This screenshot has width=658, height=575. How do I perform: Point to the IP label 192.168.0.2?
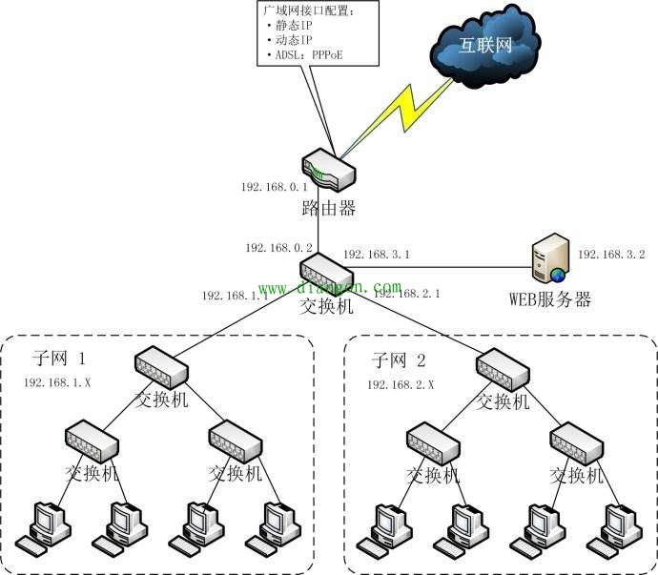point(275,247)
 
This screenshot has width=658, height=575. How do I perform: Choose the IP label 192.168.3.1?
point(377,255)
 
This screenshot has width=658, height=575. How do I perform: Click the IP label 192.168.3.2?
point(611,255)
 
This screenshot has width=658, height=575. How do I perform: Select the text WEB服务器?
point(550,299)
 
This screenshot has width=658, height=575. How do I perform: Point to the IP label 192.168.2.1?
point(406,295)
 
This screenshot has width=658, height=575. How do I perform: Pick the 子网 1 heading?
point(59,359)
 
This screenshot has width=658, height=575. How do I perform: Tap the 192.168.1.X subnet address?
point(58,382)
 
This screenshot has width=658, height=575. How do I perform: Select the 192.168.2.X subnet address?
point(401,383)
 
